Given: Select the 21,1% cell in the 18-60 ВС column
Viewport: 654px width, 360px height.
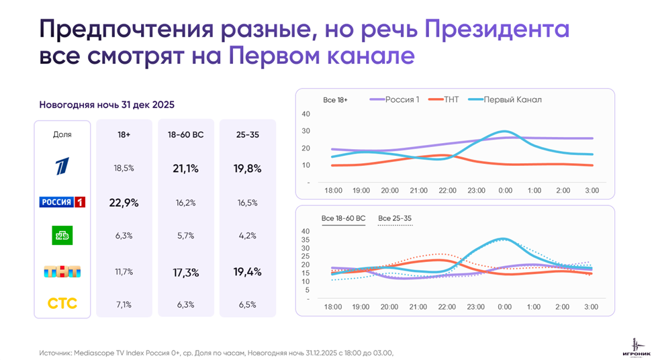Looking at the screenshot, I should (x=185, y=169).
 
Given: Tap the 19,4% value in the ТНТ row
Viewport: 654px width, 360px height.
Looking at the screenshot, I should (x=247, y=271).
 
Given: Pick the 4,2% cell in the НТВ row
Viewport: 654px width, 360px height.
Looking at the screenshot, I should (x=247, y=235).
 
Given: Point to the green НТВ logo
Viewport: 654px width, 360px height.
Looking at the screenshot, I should (x=62, y=235).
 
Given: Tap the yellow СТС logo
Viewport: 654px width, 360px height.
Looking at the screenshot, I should (x=62, y=304).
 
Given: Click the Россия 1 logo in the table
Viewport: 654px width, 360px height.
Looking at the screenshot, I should (x=62, y=202).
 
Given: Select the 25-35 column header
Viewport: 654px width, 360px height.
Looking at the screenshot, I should (x=247, y=134).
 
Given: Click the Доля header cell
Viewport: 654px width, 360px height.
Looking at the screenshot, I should (x=62, y=134).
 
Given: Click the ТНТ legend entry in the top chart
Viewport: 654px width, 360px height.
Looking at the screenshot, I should (x=450, y=100).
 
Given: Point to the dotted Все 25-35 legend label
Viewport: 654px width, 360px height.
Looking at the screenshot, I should (x=395, y=218).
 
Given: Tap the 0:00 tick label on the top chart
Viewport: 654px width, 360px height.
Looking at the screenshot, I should (x=504, y=191).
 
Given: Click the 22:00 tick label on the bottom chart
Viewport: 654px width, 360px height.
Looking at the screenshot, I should (x=447, y=306).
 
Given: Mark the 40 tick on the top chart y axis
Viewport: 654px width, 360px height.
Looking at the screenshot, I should (x=306, y=114).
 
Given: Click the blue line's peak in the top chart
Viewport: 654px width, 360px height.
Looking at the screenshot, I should (x=504, y=132).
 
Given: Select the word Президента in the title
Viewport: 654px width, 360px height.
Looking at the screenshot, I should (x=497, y=30).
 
